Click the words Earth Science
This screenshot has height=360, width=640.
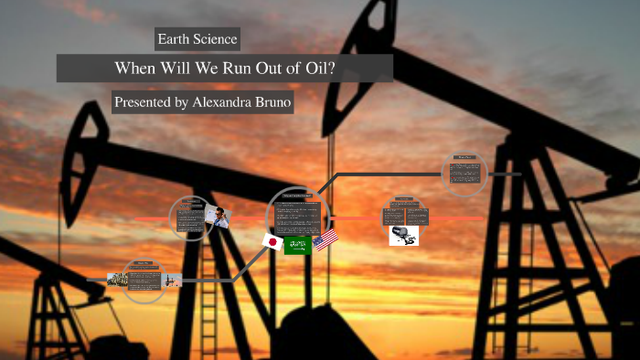[197, 38]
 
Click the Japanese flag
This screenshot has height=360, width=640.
[272, 241]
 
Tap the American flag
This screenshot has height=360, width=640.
[325, 240]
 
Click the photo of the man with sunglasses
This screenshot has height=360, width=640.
[219, 215]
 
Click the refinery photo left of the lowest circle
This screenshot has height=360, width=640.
[117, 279]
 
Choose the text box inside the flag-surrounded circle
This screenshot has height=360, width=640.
[297, 217]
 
